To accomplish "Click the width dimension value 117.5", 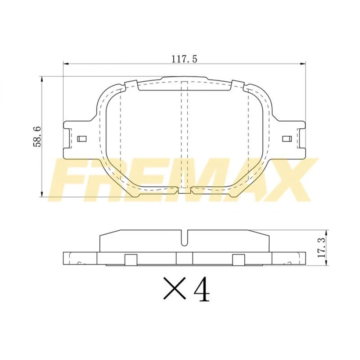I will point(184,59).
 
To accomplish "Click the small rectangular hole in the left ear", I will point(82,139).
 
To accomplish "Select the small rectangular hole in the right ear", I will point(287,139).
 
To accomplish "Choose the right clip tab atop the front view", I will point(238,85).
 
